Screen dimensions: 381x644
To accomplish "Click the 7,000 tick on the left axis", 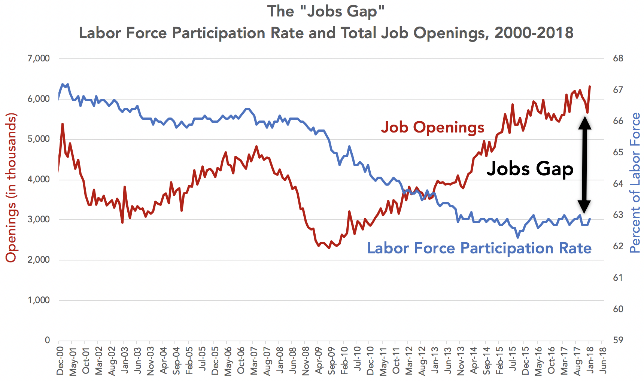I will coord(38,58).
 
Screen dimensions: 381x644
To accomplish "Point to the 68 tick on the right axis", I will coord(618,58).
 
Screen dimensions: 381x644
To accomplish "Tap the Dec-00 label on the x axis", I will coord(60,361).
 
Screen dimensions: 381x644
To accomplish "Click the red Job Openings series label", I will coord(432,127).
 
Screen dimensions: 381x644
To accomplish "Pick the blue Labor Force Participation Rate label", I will coord(479,248).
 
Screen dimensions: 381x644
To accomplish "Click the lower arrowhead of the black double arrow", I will coord(584,207).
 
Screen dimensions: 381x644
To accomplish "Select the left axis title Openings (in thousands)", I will coord(11,187).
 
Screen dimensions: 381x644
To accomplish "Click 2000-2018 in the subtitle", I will coord(534,33).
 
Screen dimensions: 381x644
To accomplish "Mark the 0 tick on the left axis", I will coord(47,340).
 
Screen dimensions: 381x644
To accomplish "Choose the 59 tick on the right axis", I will coord(618,340).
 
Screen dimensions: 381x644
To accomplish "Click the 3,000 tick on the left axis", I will coord(38,219).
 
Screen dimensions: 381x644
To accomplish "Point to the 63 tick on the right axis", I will coord(618,215).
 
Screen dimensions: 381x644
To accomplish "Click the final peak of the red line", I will coord(590,86).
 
